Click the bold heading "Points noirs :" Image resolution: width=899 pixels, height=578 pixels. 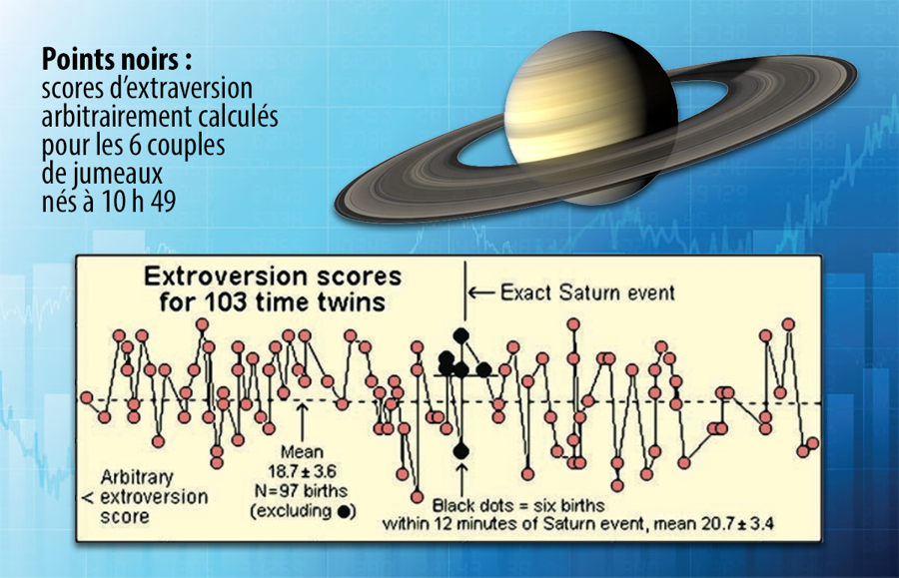coord(117,60)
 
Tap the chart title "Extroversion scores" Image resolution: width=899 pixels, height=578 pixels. coord(273,277)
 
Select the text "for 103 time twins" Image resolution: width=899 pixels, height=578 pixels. coord(273,301)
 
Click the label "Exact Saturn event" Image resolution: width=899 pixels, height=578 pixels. coord(587,292)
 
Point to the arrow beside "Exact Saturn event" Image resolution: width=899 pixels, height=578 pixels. coord(481,293)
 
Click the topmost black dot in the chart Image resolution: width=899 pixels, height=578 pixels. coord(460,335)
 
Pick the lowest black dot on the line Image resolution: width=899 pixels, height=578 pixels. coord(460,451)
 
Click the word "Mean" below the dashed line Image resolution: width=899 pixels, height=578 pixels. coord(302,452)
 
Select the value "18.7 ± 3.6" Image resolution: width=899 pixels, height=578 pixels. coord(302,471)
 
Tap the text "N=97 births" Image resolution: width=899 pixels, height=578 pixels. coord(302,491)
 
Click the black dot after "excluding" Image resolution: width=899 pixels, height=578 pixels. coord(344,511)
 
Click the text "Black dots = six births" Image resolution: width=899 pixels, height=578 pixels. coord(518,505)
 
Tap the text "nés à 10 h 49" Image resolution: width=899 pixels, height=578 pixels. coord(108,201)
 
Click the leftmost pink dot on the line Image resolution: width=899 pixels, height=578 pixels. coord(87,397)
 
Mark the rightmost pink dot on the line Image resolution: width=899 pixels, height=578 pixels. coord(812,443)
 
